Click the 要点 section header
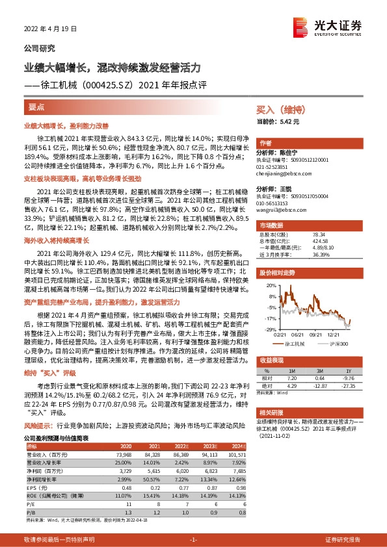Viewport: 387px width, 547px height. [x=36, y=106]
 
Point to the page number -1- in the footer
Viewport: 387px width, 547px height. [x=193, y=539]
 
